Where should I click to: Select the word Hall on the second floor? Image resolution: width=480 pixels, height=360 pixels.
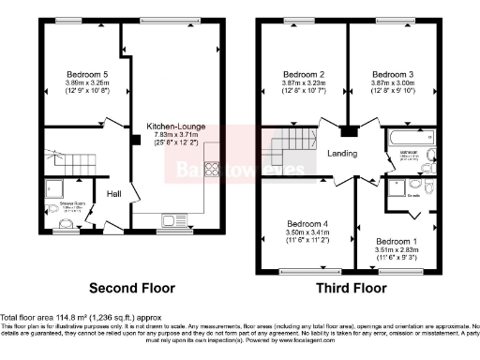pyautogui.click(x=112, y=194)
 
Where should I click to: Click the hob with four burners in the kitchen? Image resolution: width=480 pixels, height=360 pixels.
pyautogui.click(x=211, y=172)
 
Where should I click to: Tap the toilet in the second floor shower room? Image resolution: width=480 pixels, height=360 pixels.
pyautogui.click(x=67, y=224)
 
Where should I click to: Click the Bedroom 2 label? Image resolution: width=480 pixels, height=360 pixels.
pyautogui.click(x=305, y=74)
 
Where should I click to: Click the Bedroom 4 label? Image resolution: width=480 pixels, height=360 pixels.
pyautogui.click(x=305, y=223)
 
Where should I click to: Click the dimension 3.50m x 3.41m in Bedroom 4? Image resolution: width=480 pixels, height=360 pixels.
pyautogui.click(x=305, y=232)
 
